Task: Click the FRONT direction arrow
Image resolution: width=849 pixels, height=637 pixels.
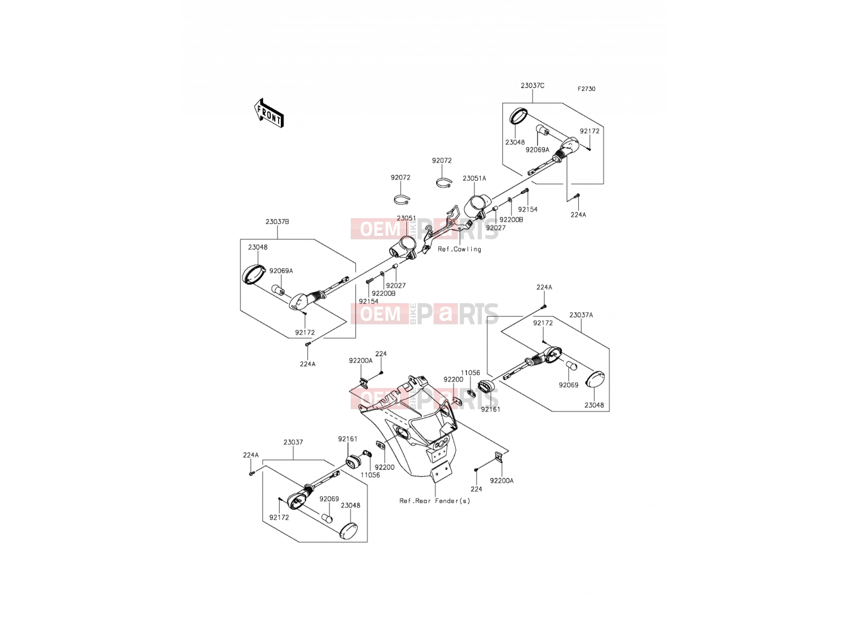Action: click(x=269, y=113)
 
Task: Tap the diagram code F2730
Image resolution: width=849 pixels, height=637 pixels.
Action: click(x=586, y=89)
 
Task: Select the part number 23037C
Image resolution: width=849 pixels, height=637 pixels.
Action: click(x=532, y=85)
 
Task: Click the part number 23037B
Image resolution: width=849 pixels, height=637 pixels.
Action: click(x=277, y=222)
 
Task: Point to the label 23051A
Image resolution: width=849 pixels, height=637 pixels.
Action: click(x=474, y=179)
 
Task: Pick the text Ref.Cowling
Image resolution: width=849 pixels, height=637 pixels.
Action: click(x=459, y=249)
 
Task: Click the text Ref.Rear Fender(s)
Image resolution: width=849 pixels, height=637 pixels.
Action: click(x=435, y=501)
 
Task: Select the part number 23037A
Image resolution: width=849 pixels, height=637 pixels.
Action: click(x=581, y=315)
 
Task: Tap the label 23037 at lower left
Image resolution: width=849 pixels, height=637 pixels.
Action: click(x=293, y=442)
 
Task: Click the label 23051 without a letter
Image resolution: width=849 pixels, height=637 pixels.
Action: click(x=406, y=219)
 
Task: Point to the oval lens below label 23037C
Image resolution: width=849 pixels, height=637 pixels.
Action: click(x=518, y=116)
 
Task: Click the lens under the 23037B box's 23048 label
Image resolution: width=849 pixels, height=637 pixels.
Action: click(x=254, y=274)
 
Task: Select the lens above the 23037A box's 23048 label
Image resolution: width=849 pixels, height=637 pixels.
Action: click(x=595, y=379)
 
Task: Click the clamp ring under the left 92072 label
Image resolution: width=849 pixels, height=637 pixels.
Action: click(x=402, y=200)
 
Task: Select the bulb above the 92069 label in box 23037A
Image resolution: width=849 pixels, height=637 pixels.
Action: click(x=571, y=366)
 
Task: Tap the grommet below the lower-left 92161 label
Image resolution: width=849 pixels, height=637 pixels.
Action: click(x=353, y=461)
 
